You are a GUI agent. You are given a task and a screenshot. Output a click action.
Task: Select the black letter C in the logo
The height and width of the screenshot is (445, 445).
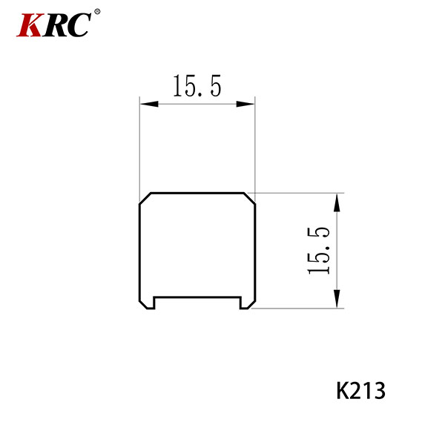79,25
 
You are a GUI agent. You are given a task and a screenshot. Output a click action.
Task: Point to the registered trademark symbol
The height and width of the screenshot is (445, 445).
97,12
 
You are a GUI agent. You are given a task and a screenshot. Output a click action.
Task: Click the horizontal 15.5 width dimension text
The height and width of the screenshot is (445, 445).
197,86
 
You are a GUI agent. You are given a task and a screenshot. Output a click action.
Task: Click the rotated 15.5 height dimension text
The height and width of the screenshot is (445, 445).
318,251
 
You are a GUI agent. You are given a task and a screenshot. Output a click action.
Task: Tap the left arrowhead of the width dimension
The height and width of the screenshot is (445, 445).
149,104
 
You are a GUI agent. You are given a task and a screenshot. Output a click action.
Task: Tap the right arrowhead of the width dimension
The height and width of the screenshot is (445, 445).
245,104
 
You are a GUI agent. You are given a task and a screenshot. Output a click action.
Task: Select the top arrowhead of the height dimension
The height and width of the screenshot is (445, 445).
337,202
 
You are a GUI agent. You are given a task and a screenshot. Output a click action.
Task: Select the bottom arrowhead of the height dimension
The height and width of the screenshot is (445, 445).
337,299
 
